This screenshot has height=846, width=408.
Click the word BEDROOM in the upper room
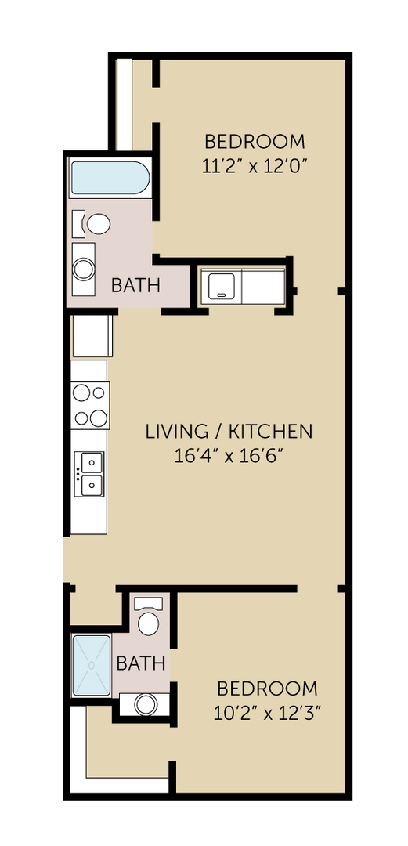pyautogui.click(x=255, y=142)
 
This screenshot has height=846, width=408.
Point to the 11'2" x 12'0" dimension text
pyautogui.click(x=255, y=166)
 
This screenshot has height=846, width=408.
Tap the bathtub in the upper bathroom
pyautogui.click(x=109, y=179)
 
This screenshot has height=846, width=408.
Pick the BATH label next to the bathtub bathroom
pyautogui.click(x=135, y=285)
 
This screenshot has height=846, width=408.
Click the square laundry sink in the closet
pyautogui.click(x=222, y=285)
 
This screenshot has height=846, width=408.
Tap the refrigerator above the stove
pyautogui.click(x=92, y=336)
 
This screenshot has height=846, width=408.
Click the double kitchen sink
pyautogui.click(x=90, y=475)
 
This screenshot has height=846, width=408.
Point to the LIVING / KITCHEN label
pyautogui.click(x=229, y=431)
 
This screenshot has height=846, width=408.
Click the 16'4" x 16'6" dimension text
pyautogui.click(x=229, y=456)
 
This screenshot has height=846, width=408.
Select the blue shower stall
pyautogui.click(x=92, y=664)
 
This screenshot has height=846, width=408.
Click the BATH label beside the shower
pyautogui.click(x=141, y=664)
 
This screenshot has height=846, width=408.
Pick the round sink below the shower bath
pyautogui.click(x=146, y=704)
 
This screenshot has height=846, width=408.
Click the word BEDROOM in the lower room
pyautogui.click(x=268, y=689)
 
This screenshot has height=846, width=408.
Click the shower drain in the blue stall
pyautogui.click(x=92, y=664)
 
